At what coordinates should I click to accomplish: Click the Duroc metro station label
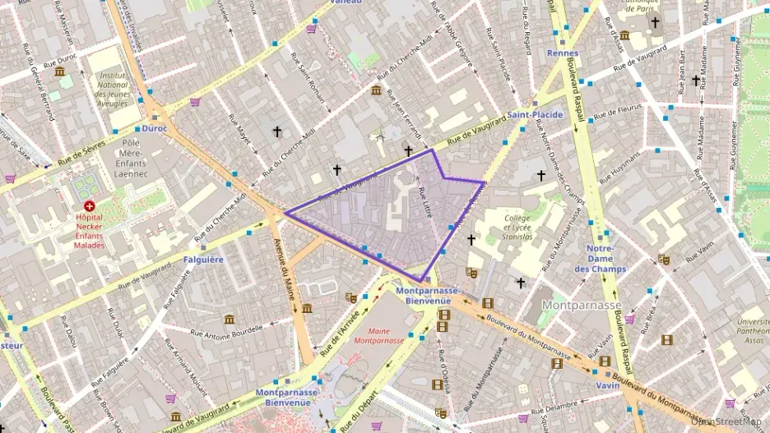154,128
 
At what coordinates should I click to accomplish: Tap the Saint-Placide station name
535,115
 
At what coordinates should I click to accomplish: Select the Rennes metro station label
563,53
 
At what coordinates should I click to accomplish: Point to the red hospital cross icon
89,206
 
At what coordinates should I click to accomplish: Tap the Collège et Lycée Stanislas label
518,227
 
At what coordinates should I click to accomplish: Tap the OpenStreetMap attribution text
727,421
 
